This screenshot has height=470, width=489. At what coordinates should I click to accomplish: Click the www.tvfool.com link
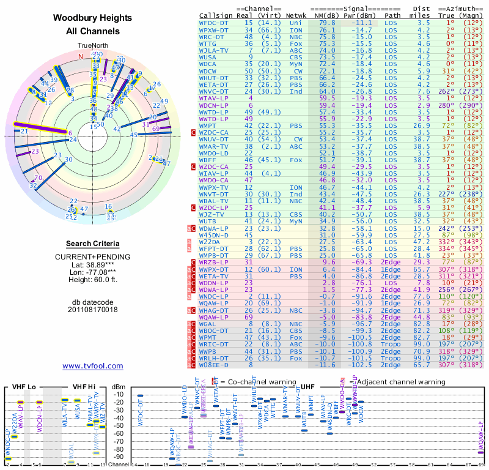coord(92,366)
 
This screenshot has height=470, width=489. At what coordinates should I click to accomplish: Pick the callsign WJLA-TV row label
coord(215,51)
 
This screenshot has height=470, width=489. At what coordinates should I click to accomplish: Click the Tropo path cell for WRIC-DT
coord(392,344)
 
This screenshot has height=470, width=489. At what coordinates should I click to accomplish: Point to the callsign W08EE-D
coord(215,367)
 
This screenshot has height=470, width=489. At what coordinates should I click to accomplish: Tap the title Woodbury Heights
coord(92,19)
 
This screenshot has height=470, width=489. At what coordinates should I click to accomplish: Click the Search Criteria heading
coord(92,244)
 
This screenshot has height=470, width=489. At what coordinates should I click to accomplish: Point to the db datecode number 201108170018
coord(92,309)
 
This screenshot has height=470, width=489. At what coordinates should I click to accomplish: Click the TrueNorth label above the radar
coord(92,46)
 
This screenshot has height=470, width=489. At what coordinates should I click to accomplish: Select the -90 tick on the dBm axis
coord(118,457)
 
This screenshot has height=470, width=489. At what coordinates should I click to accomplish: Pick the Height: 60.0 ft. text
coord(92,279)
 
